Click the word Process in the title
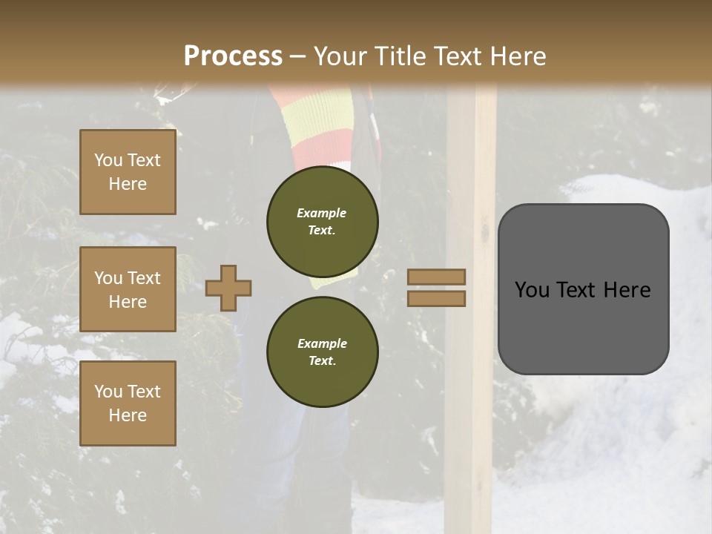coord(233,56)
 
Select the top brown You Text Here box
coord(128,172)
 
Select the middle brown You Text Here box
coord(128,289)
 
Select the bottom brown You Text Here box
coord(128,403)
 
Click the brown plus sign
coord(228,288)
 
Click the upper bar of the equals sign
coord(436,277)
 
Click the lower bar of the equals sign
coord(436,298)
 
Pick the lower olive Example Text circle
coord(322,352)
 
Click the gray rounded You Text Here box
coord(583,289)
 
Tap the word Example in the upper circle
coord(322,213)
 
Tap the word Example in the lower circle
coord(322,343)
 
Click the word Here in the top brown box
coord(128,184)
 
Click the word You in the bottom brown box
coord(108,391)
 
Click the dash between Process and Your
coord(298,56)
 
